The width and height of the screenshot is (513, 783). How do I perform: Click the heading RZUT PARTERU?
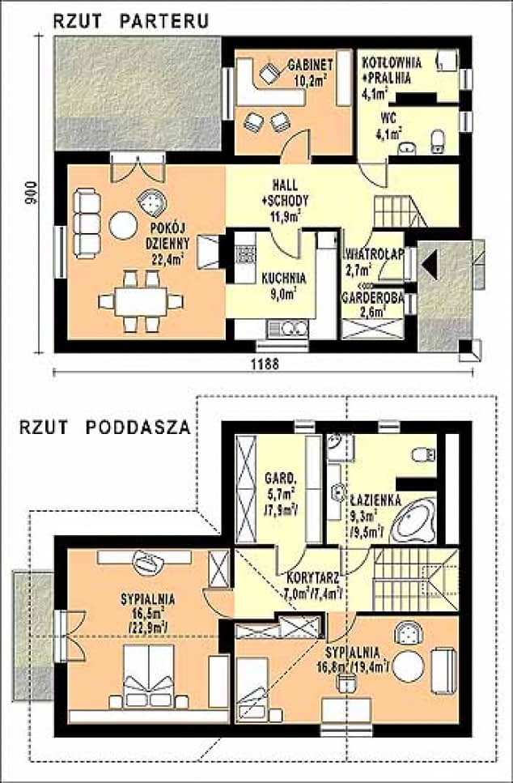(131, 20)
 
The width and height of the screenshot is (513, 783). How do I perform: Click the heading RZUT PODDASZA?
(105, 428)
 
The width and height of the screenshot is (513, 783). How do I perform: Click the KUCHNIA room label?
(284, 278)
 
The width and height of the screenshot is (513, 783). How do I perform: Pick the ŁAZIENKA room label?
(376, 500)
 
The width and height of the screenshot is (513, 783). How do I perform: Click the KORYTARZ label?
(313, 578)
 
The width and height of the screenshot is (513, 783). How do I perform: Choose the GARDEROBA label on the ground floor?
(373, 298)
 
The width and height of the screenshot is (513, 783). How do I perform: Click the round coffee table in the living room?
(123, 226)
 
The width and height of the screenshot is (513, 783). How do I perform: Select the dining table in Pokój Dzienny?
(141, 301)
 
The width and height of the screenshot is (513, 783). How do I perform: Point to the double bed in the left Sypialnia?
(149, 676)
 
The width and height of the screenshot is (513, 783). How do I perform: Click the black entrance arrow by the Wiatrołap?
(430, 264)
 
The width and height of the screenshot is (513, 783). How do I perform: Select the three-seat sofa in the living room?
(87, 223)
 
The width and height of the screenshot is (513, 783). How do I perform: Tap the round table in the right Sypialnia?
(409, 666)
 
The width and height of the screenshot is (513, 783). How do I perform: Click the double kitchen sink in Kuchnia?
(288, 328)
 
